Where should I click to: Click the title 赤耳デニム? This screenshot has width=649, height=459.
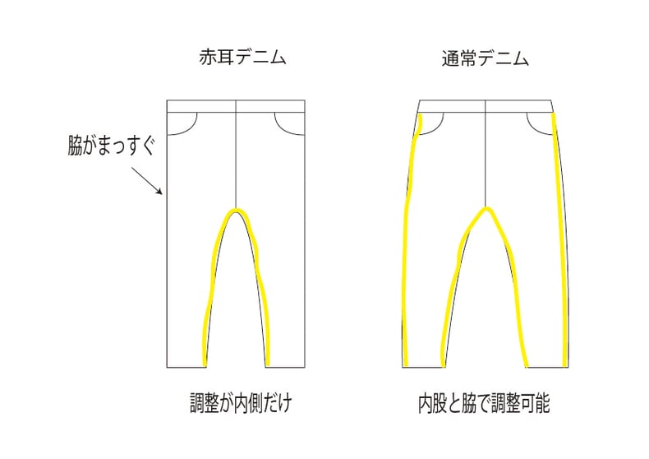click(237, 59)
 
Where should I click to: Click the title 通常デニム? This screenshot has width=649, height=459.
click(485, 59)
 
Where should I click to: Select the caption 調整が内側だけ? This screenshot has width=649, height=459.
click(236, 404)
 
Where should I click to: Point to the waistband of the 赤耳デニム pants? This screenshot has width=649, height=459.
click(236, 106)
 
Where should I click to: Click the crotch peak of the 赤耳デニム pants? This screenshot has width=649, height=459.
click(236, 211)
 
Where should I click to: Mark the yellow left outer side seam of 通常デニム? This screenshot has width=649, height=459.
click(407, 247)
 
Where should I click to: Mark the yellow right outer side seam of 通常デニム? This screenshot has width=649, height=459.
click(560, 247)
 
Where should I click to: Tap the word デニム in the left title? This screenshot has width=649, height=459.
click(252, 59)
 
